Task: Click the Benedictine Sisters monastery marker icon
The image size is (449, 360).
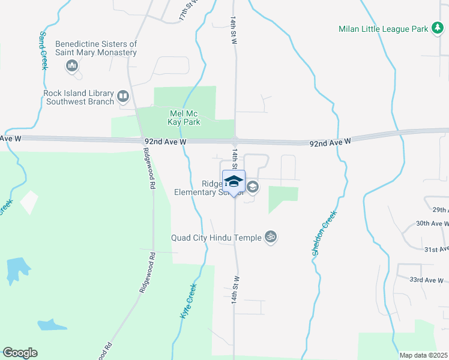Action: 73,66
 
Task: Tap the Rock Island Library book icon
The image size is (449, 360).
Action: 123,96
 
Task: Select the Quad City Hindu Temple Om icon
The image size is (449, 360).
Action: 271,238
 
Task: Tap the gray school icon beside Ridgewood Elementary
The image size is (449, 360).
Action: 253,187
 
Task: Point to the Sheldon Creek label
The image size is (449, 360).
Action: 324,233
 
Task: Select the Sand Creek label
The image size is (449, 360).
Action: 43,51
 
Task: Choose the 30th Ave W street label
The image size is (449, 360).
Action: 432,224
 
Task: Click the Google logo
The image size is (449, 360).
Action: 20,353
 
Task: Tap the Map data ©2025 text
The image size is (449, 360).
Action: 423,355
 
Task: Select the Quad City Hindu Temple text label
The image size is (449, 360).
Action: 217,238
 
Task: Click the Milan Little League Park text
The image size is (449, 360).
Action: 382,28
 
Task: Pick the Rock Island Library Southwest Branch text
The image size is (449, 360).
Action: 79,97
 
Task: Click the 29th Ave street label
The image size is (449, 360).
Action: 440,210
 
